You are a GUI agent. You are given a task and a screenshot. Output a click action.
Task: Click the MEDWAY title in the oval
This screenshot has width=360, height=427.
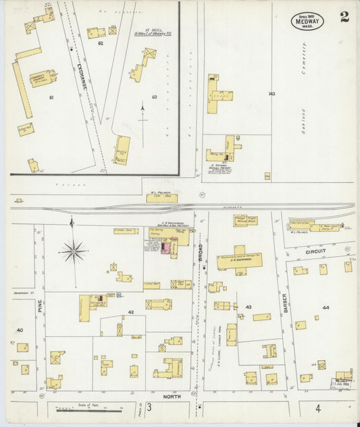307,22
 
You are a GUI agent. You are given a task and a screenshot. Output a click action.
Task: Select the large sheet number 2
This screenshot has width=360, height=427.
344,17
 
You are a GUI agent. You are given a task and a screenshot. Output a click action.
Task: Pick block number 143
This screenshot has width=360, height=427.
272,93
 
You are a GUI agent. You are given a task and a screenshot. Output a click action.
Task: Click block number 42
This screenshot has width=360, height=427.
131,312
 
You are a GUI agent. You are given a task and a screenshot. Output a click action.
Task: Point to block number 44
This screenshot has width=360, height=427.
326,307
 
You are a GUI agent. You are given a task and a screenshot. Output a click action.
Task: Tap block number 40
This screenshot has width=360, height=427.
20,330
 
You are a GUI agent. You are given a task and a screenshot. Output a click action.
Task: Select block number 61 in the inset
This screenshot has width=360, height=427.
51,97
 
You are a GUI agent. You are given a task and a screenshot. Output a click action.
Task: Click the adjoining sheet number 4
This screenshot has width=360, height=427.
317,408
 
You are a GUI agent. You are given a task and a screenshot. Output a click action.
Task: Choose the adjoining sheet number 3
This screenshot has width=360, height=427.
148,407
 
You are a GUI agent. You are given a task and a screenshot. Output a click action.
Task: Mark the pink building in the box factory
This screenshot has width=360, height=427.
163,249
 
